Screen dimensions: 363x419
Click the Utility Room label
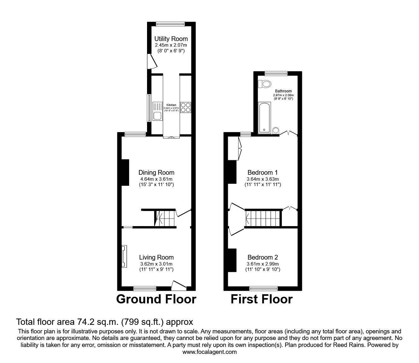[x=171, y=39]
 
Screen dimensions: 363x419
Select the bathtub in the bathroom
[x=264, y=117]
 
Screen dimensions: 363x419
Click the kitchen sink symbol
[x=157, y=111]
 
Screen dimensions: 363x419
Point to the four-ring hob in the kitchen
[x=186, y=108]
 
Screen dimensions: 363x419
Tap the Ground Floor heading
[x=156, y=299]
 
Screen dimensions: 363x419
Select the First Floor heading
[x=261, y=299]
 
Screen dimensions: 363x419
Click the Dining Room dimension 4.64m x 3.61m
[x=156, y=179]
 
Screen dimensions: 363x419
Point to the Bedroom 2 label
[x=263, y=257]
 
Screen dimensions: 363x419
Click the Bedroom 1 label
[x=263, y=173]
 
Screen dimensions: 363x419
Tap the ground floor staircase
[x=164, y=218]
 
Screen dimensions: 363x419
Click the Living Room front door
[x=179, y=285]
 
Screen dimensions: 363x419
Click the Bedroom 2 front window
[x=263, y=288]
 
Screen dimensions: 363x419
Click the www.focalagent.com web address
[x=209, y=352]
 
